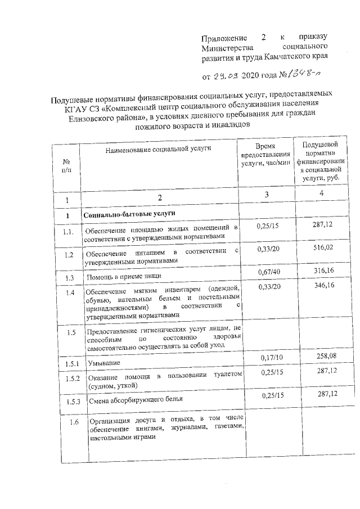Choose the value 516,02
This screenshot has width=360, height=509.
(x=323, y=247)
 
